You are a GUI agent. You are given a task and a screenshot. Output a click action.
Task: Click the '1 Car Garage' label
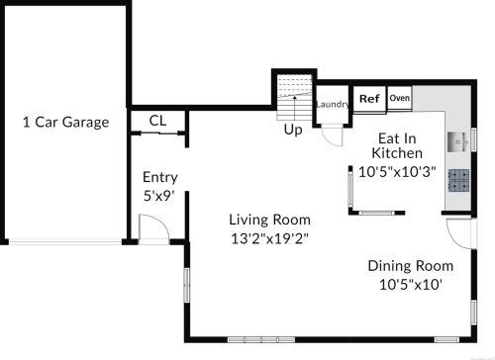(x=66, y=123)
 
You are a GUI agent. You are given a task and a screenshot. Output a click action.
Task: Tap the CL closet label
(x=157, y=121)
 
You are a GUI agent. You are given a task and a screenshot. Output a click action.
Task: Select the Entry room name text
(x=160, y=177)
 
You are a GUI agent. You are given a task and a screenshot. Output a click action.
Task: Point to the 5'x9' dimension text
(x=158, y=196)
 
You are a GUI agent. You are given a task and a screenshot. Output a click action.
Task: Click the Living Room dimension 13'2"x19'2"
(x=270, y=238)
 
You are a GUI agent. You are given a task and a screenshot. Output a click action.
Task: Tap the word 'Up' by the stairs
(x=293, y=130)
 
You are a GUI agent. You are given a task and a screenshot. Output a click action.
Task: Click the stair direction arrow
(x=295, y=108)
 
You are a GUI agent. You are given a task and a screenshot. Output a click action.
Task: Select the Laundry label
(x=333, y=105)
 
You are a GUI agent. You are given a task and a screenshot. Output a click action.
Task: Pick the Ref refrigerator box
(x=369, y=99)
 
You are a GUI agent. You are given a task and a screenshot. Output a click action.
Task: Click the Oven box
(x=400, y=98)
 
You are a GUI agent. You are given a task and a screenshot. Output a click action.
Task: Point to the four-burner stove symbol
(x=458, y=180)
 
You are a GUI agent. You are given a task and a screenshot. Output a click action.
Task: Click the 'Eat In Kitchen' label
(x=397, y=145)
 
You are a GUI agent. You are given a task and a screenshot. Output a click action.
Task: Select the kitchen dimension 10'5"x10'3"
(x=397, y=172)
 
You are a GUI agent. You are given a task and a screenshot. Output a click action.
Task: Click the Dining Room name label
(x=411, y=266)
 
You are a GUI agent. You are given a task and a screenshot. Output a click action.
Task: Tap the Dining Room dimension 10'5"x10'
(x=411, y=284)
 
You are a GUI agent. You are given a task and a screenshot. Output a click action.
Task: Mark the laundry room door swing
(x=332, y=136)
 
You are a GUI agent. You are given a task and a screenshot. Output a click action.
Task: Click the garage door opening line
(x=65, y=242)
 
